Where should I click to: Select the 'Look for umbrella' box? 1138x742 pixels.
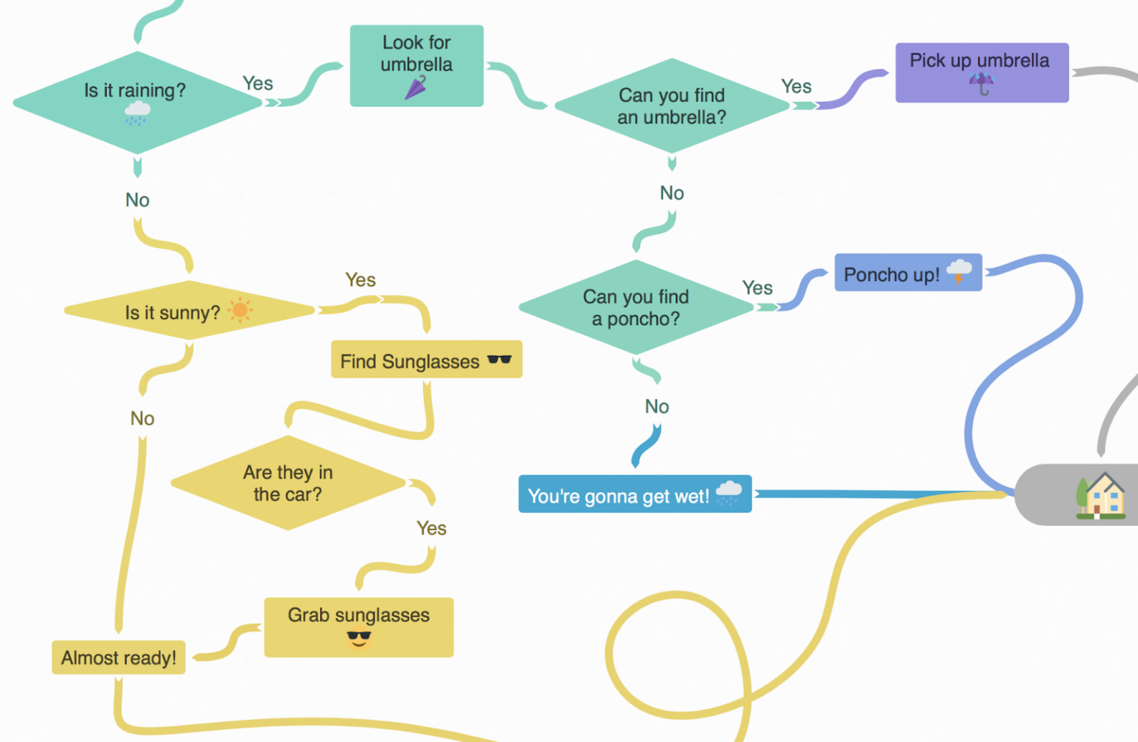(416, 66)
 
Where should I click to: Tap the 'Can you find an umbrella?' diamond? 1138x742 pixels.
(671, 106)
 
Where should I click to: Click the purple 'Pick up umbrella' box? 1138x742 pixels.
(981, 73)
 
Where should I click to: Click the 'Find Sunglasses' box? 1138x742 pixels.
(426, 360)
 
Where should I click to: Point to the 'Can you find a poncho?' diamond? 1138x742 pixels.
(636, 308)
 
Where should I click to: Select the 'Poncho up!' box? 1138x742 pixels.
(908, 273)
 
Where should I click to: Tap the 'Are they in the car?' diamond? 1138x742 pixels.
(287, 483)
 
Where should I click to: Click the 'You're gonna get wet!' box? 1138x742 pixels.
(634, 494)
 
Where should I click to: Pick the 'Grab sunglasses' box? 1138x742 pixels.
(359, 627)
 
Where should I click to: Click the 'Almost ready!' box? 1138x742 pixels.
(119, 657)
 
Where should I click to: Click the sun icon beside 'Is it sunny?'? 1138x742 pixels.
(240, 310)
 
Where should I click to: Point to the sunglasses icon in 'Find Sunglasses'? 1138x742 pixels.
(499, 360)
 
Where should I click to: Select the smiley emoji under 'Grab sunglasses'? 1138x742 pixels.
(359, 638)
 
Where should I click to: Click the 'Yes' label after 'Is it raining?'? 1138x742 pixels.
(258, 84)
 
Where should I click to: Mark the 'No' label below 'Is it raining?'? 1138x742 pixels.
(137, 200)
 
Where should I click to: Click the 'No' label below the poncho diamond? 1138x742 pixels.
(656, 406)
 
